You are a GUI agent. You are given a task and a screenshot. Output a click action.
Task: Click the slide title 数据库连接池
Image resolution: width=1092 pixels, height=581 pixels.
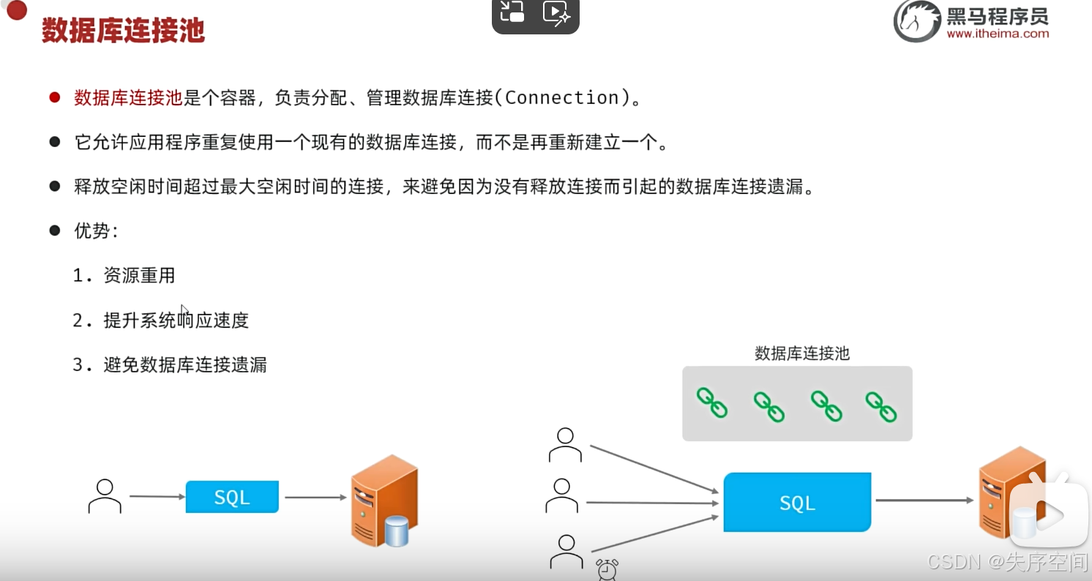tap(123, 31)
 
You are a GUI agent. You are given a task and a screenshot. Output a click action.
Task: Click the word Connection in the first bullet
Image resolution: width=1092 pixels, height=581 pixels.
tap(562, 98)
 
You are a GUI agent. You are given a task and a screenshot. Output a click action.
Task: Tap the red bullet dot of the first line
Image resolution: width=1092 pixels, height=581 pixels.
tap(54, 97)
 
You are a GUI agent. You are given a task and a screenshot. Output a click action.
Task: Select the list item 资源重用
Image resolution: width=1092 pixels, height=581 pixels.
tap(139, 276)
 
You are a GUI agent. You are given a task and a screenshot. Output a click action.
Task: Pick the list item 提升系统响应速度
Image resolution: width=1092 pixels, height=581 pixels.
tap(176, 320)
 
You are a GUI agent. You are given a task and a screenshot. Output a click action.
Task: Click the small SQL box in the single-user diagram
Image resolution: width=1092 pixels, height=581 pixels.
tap(232, 497)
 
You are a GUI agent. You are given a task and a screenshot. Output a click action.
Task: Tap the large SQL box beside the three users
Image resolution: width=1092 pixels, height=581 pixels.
tap(797, 502)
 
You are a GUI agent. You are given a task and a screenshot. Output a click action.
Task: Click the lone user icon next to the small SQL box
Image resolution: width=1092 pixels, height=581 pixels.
tap(105, 496)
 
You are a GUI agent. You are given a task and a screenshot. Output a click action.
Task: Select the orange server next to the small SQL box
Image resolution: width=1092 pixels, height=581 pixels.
tap(384, 501)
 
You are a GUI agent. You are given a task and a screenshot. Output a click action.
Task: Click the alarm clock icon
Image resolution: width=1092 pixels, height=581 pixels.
tap(607, 569)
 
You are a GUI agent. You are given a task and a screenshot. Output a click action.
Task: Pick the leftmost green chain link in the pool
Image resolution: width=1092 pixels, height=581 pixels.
tap(711, 403)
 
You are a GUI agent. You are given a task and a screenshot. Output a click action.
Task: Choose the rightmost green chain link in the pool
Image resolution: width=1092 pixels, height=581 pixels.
tap(881, 406)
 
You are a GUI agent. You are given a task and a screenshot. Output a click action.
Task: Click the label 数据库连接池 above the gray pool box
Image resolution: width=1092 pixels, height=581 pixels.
tap(802, 353)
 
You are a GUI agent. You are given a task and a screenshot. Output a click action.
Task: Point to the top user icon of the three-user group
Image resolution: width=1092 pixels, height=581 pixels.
tap(565, 445)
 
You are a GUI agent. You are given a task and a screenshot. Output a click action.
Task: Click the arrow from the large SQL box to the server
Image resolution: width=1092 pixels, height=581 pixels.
tap(924, 501)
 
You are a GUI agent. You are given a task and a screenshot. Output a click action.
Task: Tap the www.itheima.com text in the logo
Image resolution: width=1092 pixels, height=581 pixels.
tap(997, 34)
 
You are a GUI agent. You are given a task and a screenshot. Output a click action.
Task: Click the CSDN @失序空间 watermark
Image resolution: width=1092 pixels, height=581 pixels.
tap(1007, 562)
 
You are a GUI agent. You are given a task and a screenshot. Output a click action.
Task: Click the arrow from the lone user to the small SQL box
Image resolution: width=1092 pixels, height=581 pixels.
tap(157, 497)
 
